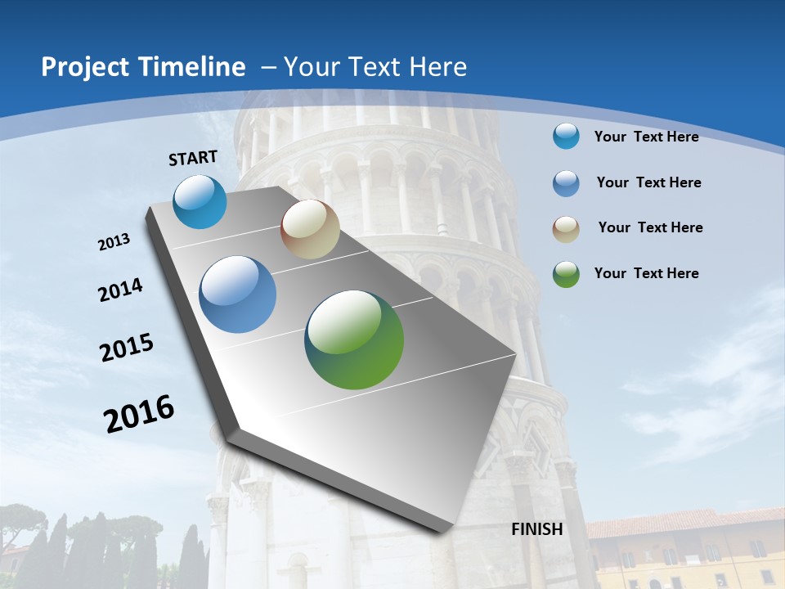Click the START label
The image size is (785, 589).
point(193,158)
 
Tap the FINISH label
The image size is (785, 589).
point(537,529)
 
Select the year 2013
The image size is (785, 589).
point(114,242)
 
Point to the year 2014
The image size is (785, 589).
point(121,290)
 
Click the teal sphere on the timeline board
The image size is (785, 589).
point(200,201)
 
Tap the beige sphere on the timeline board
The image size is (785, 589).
point(310,229)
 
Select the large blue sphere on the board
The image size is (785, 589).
point(238,294)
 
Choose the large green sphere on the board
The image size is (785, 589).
point(354,339)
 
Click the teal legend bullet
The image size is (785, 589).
point(566,136)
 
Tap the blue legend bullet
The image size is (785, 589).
point(566,183)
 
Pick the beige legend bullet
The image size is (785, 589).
point(566,228)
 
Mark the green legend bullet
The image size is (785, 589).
point(566,274)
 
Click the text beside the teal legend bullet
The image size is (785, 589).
point(646,137)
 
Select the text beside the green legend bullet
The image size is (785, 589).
point(646,273)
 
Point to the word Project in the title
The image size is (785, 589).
point(86,67)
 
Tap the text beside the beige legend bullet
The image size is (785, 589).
point(650,227)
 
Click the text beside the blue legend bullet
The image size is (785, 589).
point(648,182)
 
